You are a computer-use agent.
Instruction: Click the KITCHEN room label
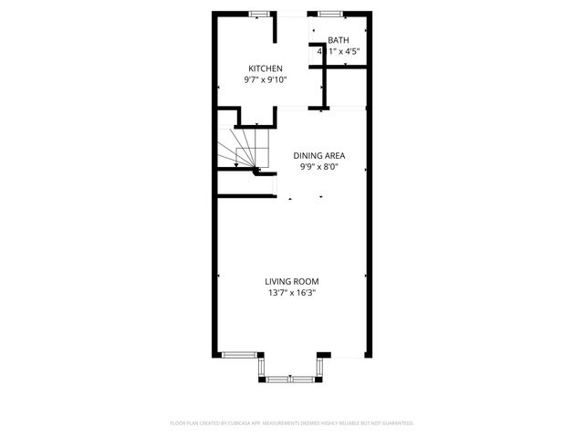pyautogui.click(x=266, y=68)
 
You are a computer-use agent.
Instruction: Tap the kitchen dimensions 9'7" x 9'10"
pyautogui.click(x=266, y=80)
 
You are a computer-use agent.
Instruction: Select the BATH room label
pyautogui.click(x=339, y=40)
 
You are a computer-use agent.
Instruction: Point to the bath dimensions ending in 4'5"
pyautogui.click(x=339, y=52)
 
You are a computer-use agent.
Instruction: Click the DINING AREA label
pyautogui.click(x=318, y=155)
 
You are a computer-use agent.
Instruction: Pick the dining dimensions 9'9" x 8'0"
pyautogui.click(x=318, y=167)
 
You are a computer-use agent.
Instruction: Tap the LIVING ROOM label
pyautogui.click(x=292, y=281)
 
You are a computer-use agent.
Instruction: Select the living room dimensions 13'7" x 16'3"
pyautogui.click(x=292, y=293)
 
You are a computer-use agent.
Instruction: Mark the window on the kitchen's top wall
pyautogui.click(x=260, y=14)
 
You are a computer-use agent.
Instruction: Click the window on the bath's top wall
pyautogui.click(x=330, y=14)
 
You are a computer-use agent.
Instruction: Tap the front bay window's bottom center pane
pyautogui.click(x=291, y=377)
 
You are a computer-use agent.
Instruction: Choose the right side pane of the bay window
pyautogui.click(x=320, y=366)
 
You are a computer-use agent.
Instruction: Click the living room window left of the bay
pyautogui.click(x=241, y=354)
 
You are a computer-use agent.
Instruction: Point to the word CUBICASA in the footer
pyautogui.click(x=247, y=423)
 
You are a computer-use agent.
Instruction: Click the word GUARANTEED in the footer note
pyautogui.click(x=395, y=423)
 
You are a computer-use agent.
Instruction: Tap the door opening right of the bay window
pyautogui.click(x=346, y=354)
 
